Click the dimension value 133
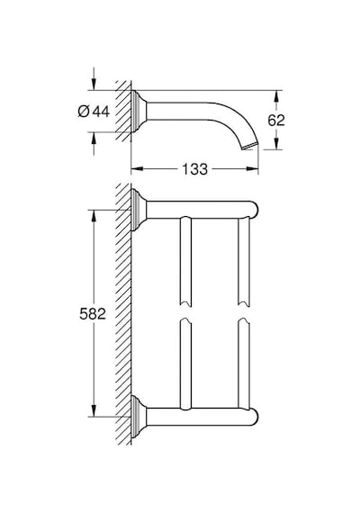tap(194, 169)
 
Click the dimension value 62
tap(276, 121)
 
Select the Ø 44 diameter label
tap(94, 112)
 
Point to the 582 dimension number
tap(93, 314)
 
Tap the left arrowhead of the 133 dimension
tap(137, 169)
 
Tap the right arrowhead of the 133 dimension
tap(252, 169)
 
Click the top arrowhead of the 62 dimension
tap(276, 96)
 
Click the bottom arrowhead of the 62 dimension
tap(276, 144)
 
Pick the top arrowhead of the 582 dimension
tap(94, 216)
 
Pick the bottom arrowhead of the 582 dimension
tap(94, 410)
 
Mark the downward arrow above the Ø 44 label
tap(94, 78)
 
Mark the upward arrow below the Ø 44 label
tap(94, 144)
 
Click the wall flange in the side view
tap(139, 112)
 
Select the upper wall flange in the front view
tap(139, 210)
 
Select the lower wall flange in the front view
tap(139, 417)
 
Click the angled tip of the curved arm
tap(250, 146)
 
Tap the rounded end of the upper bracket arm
tap(254, 210)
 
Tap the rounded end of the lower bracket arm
tap(254, 417)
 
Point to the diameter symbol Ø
tap(84, 112)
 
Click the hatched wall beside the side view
tap(123, 112)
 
